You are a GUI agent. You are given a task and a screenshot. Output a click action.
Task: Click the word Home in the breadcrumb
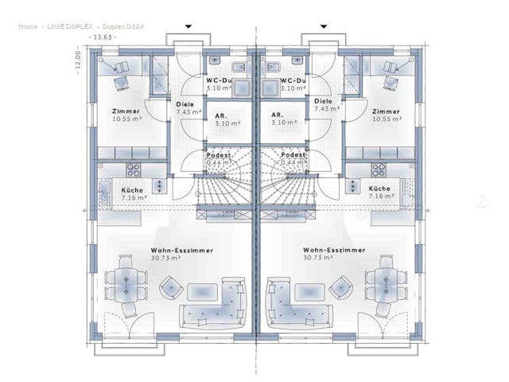28,26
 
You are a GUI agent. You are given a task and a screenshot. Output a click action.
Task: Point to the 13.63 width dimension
103,37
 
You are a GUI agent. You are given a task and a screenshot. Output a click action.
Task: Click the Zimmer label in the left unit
126,111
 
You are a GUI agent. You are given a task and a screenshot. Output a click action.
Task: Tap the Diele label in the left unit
185,102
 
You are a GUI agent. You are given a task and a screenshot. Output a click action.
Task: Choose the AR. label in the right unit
278,115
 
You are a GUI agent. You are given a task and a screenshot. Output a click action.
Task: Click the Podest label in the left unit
218,155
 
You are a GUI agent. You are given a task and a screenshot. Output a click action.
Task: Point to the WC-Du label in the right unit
293,81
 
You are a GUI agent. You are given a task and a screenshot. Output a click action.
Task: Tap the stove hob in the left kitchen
134,170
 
